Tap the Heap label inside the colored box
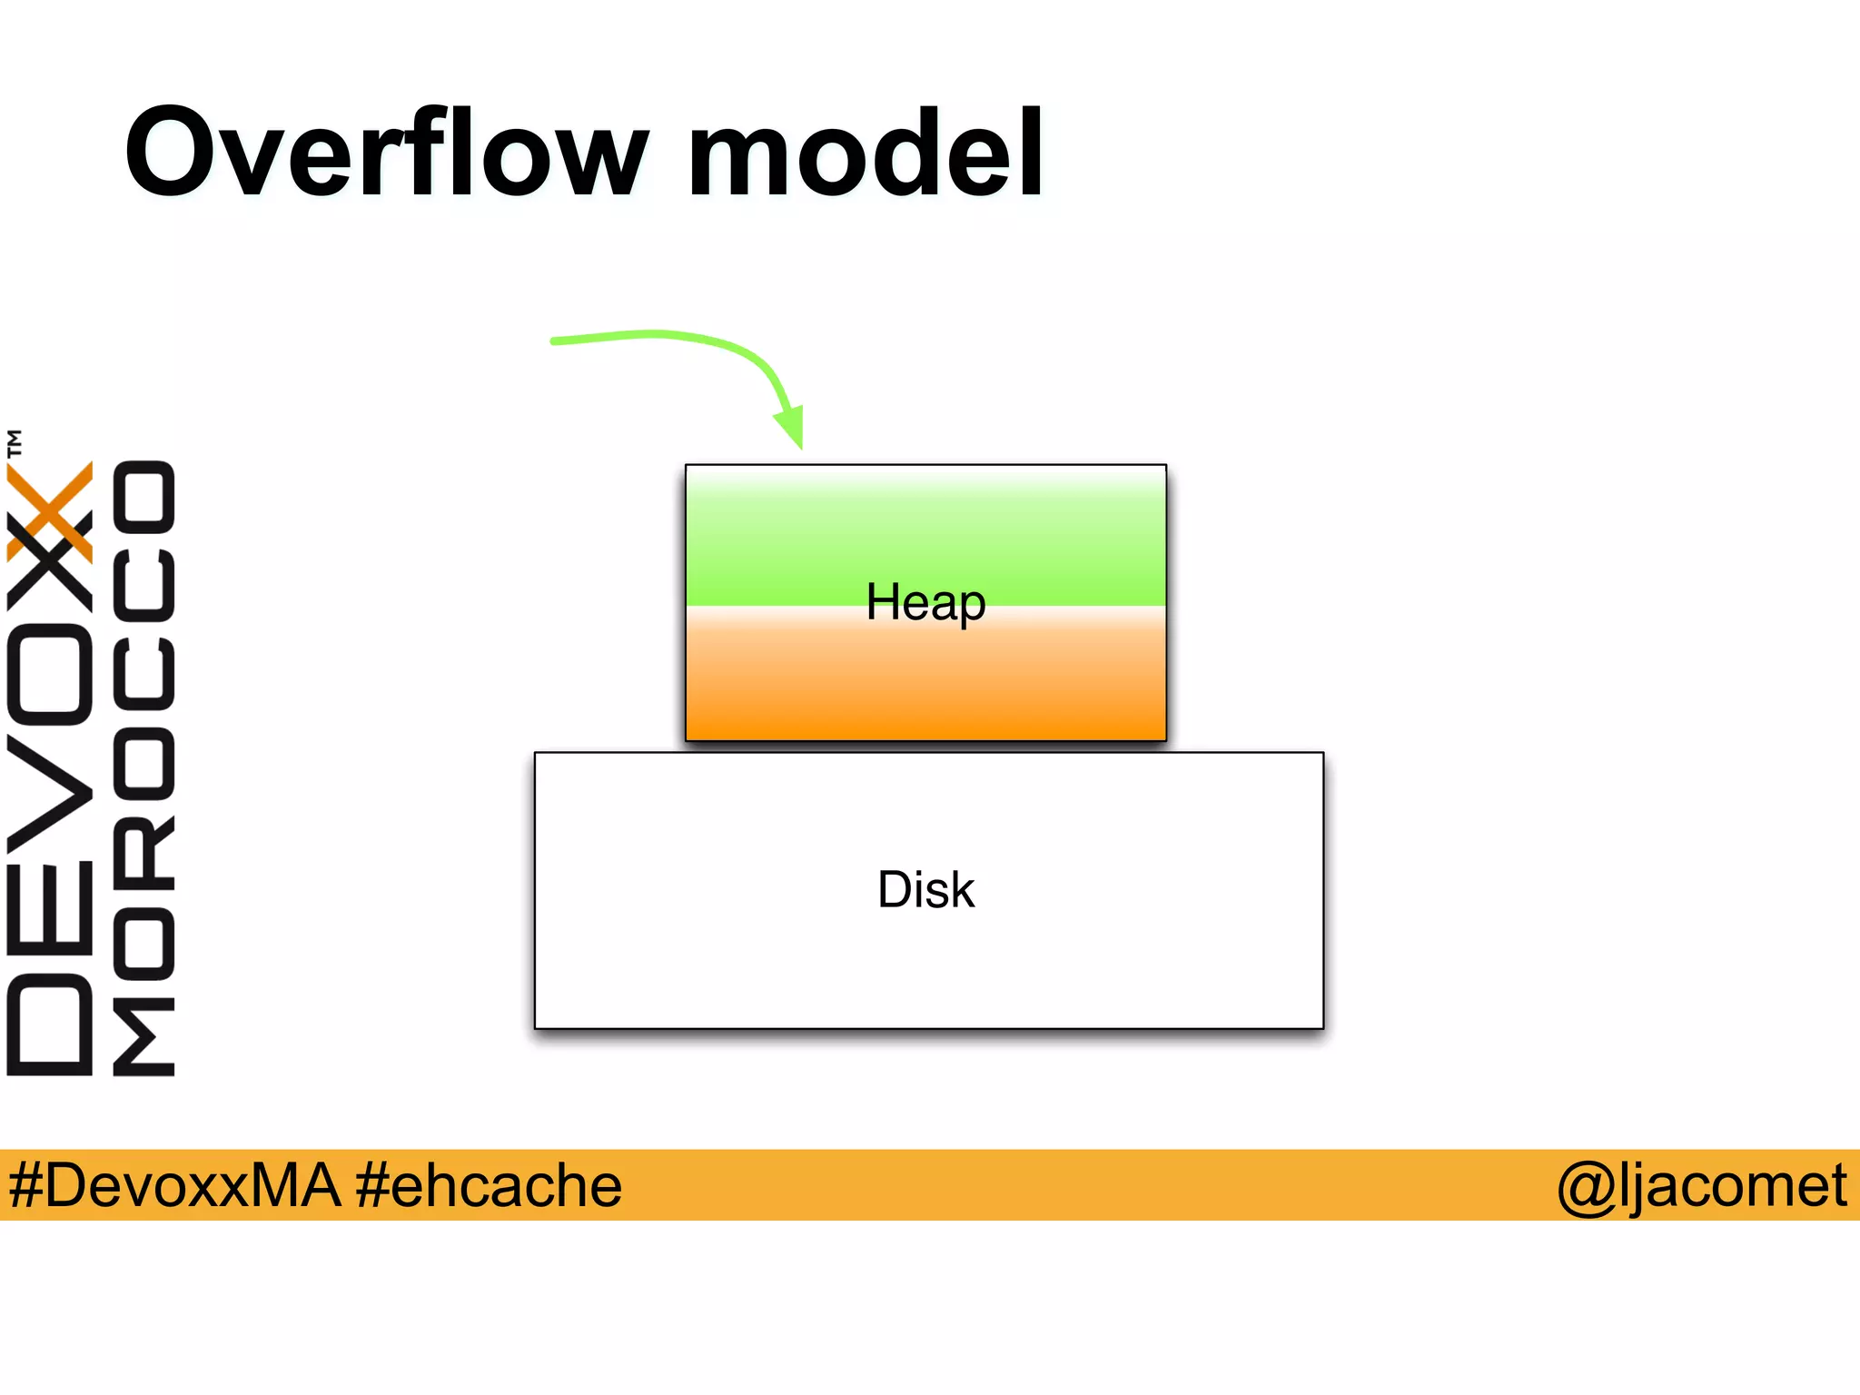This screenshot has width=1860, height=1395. [x=925, y=602]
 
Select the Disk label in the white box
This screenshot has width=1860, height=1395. [x=925, y=890]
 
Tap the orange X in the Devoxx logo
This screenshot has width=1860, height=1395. [x=50, y=510]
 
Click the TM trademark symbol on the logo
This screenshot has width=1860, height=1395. [x=15, y=443]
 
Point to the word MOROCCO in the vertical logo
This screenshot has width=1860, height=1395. [x=143, y=767]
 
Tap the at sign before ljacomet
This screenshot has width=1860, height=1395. [x=1585, y=1186]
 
